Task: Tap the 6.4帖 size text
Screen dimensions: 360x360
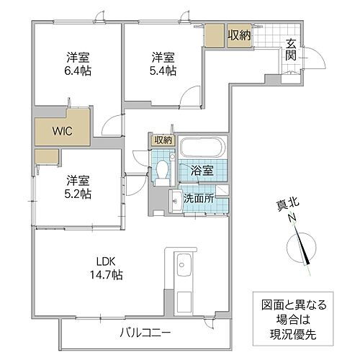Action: click(79, 71)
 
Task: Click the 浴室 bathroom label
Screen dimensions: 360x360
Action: click(202, 171)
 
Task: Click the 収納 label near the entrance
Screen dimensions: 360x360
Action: click(239, 35)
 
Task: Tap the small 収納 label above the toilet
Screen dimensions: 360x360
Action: click(163, 140)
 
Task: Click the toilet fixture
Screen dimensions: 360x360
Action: click(162, 172)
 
